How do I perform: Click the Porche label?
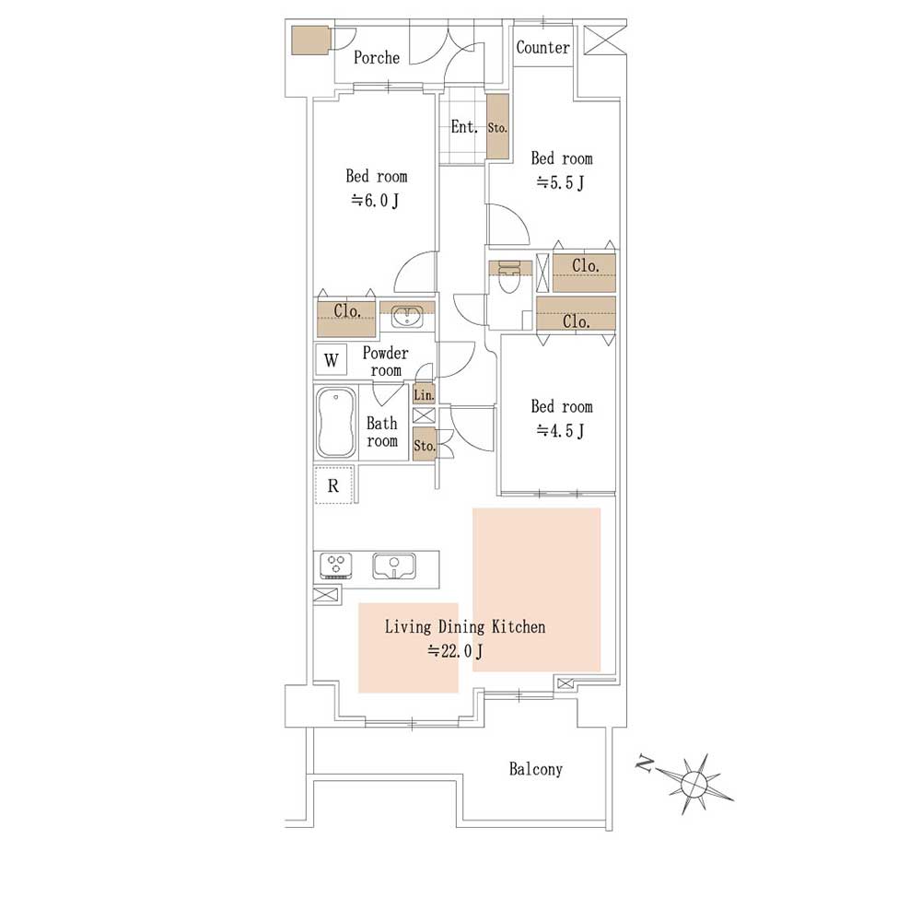(377, 57)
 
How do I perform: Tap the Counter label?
(542, 48)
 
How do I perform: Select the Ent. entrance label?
(464, 127)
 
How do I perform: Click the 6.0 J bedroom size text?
(375, 201)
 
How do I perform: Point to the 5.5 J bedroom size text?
(560, 183)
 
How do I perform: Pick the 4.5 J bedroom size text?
(560, 431)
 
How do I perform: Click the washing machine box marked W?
(332, 359)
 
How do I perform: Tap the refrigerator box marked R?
(333, 485)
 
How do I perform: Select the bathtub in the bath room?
(335, 422)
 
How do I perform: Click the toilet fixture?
(509, 276)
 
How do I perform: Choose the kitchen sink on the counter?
(394, 565)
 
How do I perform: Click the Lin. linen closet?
(424, 393)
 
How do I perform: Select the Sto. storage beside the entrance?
(497, 126)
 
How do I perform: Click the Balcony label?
(536, 769)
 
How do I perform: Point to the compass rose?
(694, 783)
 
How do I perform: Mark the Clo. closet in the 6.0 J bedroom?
(346, 318)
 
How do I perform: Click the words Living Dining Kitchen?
(465, 626)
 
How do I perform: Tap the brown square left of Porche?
(310, 40)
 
